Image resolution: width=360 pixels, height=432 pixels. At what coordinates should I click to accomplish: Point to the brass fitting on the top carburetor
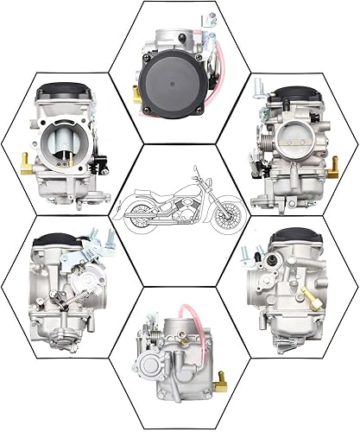point(137,95)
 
